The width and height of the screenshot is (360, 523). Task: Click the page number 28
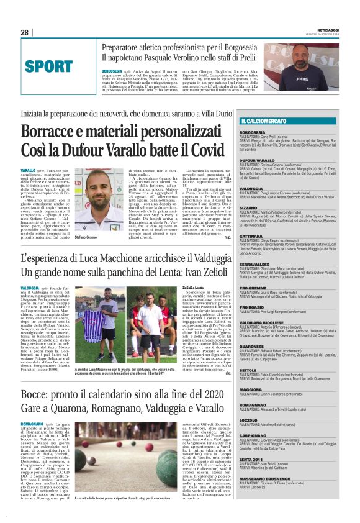[x=25, y=32]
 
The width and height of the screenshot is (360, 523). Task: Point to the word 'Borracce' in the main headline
[x=50, y=132]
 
